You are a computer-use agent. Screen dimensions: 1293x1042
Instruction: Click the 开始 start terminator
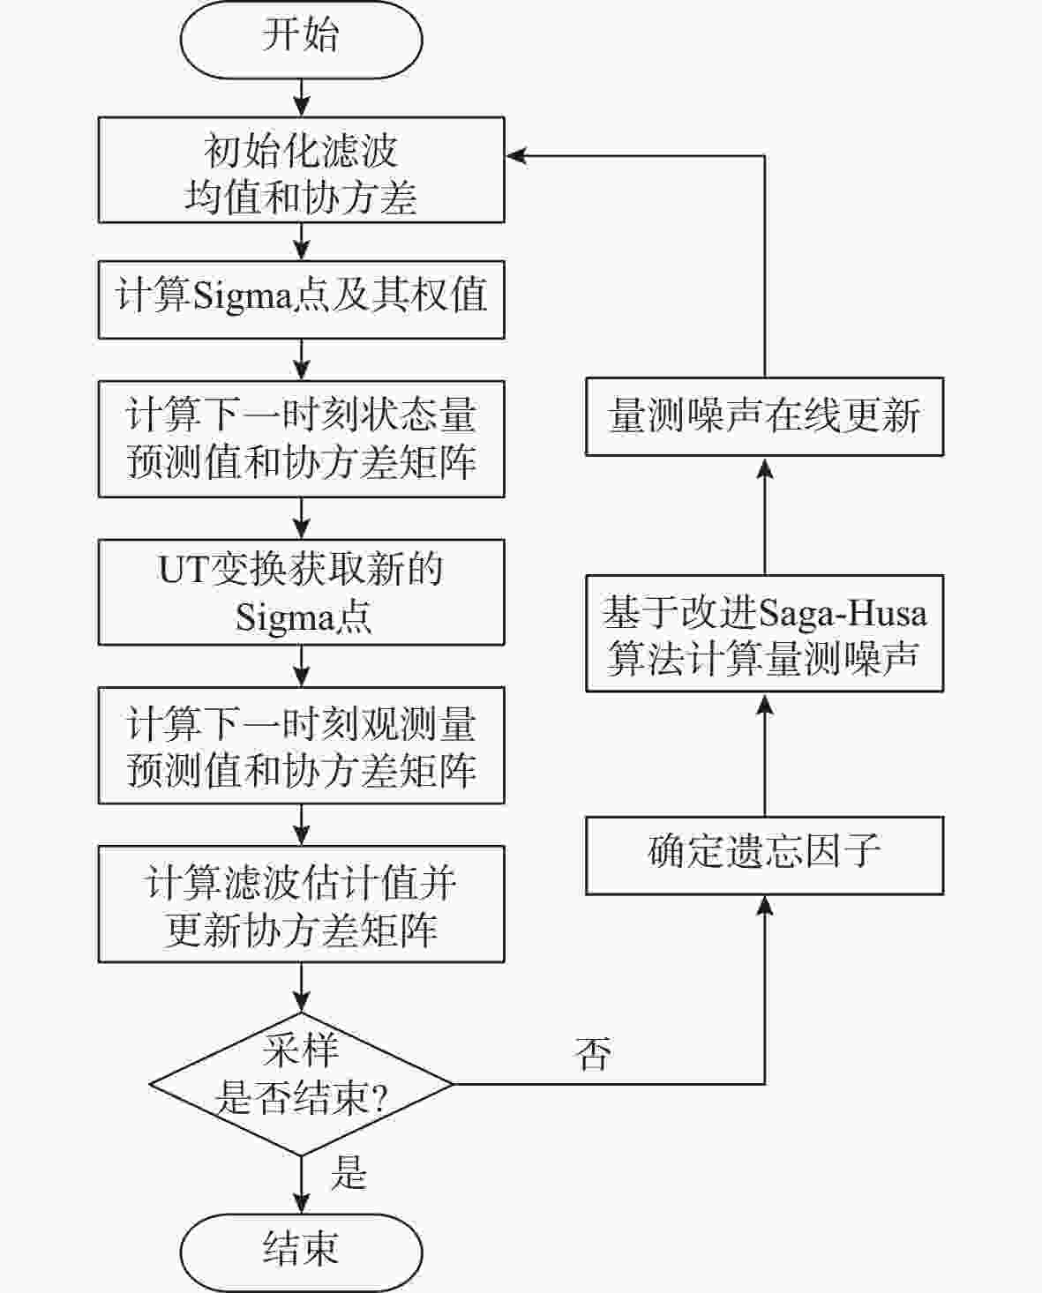[301, 38]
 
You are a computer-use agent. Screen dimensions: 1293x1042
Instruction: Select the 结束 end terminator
[301, 1251]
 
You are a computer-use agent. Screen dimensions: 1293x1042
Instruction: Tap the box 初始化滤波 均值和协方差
[301, 170]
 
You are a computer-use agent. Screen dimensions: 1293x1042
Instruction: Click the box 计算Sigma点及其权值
[301, 299]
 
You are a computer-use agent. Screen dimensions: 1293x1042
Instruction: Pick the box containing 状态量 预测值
[301, 439]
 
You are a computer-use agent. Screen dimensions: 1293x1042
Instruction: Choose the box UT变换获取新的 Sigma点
[301, 593]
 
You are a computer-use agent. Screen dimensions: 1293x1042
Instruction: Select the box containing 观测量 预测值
[301, 746]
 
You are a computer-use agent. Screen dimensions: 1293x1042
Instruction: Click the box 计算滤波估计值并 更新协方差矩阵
[301, 904]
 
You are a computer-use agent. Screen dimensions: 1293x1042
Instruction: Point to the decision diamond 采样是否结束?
[301, 1083]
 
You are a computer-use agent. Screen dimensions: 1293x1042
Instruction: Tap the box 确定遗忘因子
[764, 856]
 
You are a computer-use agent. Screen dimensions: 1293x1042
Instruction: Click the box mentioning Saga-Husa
[764, 633]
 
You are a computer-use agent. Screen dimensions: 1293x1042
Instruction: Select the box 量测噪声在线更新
[764, 416]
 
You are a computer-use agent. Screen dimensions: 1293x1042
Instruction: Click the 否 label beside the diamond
[593, 1053]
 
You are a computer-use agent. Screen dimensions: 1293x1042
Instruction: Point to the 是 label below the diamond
[349, 1174]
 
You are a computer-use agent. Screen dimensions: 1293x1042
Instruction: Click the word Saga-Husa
[843, 612]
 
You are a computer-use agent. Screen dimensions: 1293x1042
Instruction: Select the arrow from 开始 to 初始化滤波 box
[301, 97]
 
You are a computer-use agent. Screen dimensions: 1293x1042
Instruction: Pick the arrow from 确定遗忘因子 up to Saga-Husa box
[764, 754]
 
